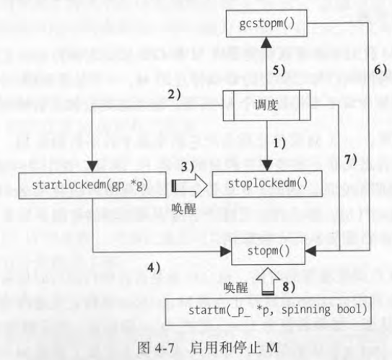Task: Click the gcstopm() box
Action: click(x=266, y=23)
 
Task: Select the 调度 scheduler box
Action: click(x=266, y=105)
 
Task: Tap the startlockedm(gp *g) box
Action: click(x=92, y=185)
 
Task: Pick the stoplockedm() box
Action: click(x=267, y=184)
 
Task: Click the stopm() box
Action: click(x=268, y=251)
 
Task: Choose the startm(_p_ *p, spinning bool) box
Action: click(x=269, y=311)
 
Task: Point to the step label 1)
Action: click(x=279, y=144)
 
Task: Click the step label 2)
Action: click(x=174, y=95)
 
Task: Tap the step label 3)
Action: click(x=188, y=167)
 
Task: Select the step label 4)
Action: click(x=154, y=268)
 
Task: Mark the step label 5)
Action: click(x=279, y=70)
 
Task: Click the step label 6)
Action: click(x=380, y=69)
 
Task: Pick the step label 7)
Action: click(x=351, y=159)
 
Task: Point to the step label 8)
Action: click(x=289, y=287)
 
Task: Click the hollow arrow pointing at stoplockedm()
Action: click(x=189, y=186)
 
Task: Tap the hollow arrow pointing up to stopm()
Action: click(x=268, y=281)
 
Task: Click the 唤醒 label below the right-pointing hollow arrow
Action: click(x=184, y=208)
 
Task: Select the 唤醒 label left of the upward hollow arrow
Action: click(x=236, y=288)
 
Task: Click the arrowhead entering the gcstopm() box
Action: click(x=266, y=43)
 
